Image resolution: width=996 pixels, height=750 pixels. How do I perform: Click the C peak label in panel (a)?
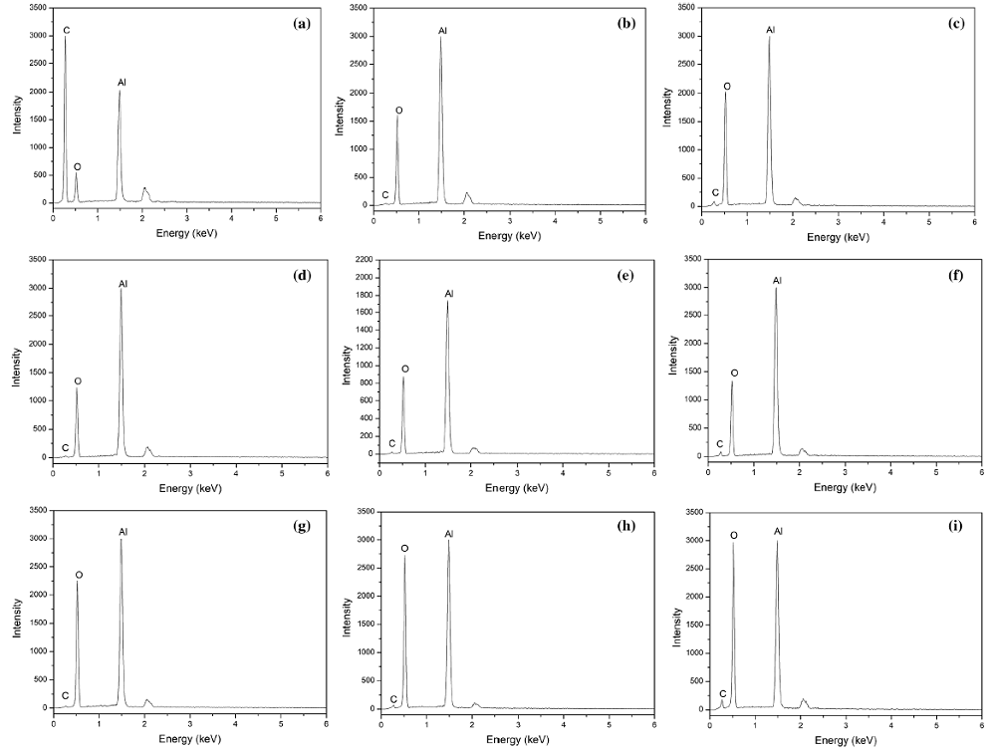[67, 30]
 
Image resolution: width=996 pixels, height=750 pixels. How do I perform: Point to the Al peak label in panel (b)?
[442, 31]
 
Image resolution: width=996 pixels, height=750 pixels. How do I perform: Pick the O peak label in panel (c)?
[727, 87]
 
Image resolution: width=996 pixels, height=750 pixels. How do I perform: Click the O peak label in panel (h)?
[405, 548]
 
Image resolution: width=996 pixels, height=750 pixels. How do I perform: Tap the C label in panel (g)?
[66, 695]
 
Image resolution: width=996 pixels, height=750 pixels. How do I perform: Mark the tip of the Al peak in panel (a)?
[120, 92]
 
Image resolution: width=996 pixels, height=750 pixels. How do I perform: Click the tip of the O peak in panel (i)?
[734, 543]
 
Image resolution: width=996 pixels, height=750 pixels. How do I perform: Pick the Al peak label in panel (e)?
[449, 294]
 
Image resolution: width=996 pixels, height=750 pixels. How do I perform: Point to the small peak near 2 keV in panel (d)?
[147, 447]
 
